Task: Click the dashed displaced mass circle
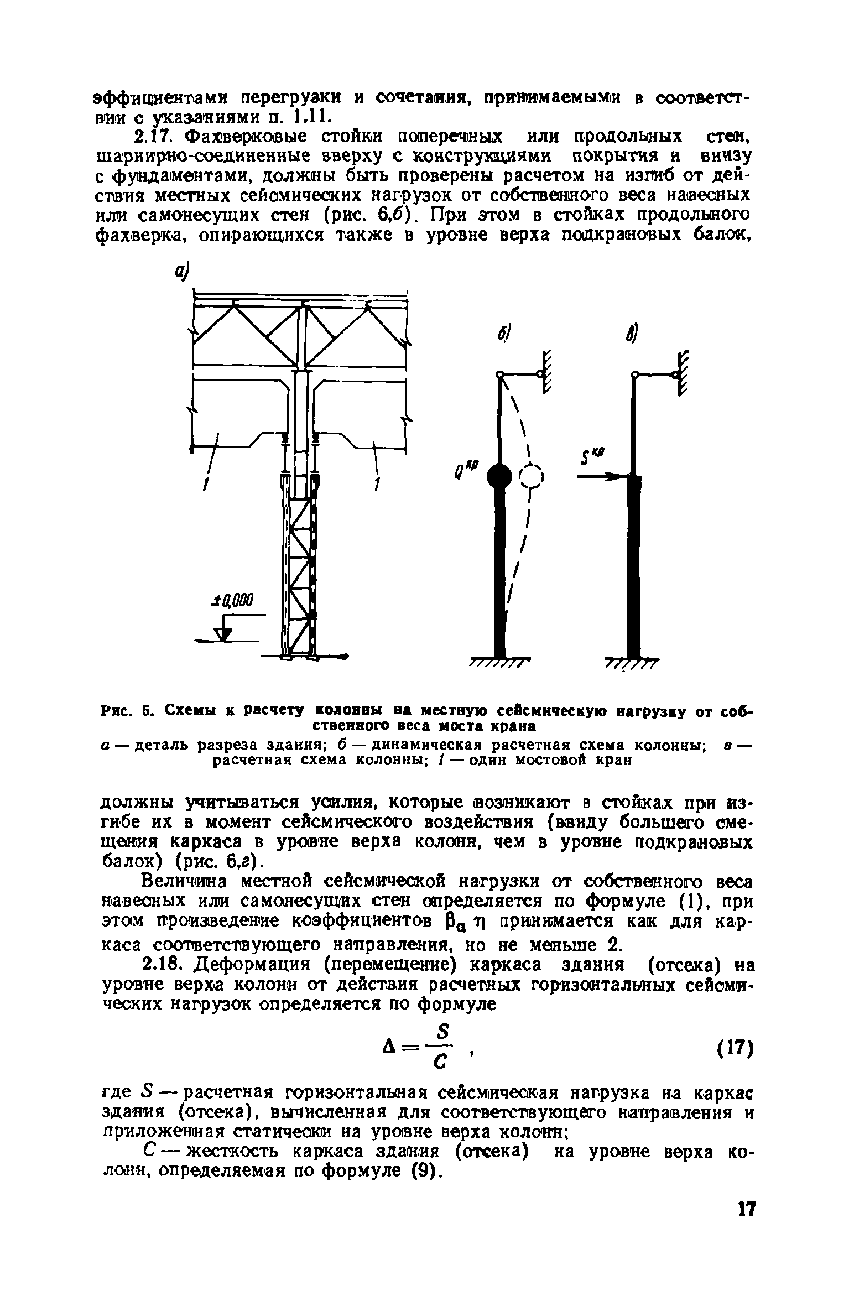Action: [532, 475]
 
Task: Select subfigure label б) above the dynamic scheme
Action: [504, 335]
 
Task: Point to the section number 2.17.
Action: [161, 135]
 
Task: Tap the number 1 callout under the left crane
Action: [206, 485]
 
